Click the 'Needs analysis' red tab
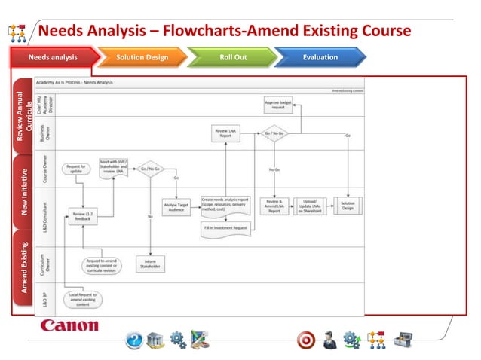point(53,57)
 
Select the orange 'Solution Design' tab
point(142,57)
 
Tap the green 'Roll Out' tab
point(232,57)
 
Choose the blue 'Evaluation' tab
point(320,57)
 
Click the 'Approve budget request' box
point(278,105)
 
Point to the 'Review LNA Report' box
point(225,134)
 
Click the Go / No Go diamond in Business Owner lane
point(274,134)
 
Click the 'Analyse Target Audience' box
point(176,206)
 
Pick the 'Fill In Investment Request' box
point(225,227)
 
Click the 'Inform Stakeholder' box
point(152,264)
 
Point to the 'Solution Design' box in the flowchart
point(348,206)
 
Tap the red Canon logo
point(69,326)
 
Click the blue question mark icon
point(133,340)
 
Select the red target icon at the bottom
point(305,340)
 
